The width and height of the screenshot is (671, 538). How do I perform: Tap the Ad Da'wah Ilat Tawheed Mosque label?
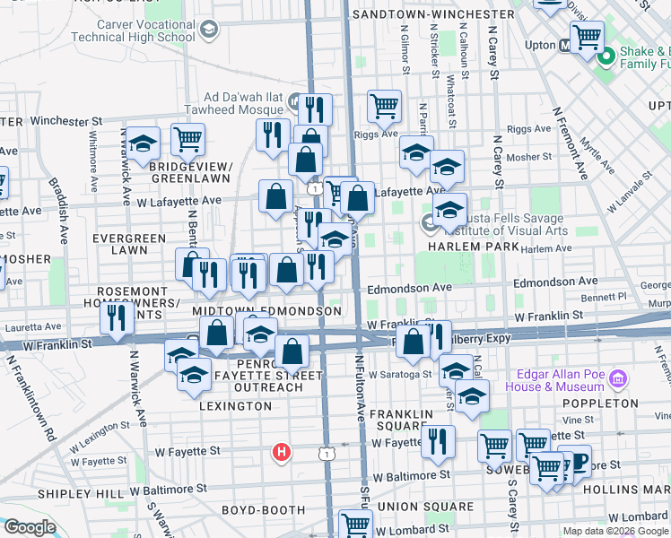click(237, 103)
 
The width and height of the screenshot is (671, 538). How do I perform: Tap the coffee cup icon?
click(575, 460)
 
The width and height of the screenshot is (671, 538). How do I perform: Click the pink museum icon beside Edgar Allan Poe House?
click(617, 378)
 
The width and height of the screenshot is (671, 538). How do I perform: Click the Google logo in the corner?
click(30, 527)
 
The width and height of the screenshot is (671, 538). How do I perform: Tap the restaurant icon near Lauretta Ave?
click(117, 317)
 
